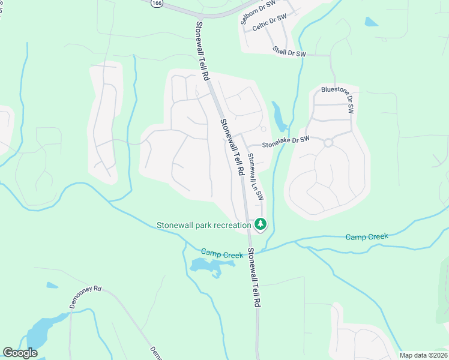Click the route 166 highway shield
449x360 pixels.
tap(156, 4)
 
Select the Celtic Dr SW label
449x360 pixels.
tap(270, 23)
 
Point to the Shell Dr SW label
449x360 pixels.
tap(289, 52)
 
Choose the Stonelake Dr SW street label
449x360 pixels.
tap(286, 142)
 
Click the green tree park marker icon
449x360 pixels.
tap(260, 224)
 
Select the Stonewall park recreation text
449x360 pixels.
tap(204, 226)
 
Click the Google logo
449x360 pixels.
tap(20, 353)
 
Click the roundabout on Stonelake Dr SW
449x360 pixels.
tap(328, 143)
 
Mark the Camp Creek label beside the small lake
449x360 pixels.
tap(222, 254)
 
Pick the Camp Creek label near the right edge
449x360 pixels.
tap(367, 237)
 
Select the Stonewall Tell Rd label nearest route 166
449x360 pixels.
tap(202, 52)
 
